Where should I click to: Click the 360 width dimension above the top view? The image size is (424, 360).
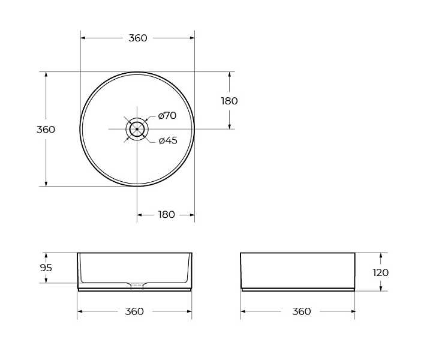click(x=138, y=38)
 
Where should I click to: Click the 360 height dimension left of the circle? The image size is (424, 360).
click(x=46, y=130)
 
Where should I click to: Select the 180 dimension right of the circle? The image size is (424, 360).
click(x=229, y=101)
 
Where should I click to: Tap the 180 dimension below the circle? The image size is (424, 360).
click(x=167, y=215)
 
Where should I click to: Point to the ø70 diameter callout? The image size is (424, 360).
click(x=167, y=115)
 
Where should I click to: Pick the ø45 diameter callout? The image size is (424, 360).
click(x=168, y=140)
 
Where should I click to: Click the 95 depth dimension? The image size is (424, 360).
click(x=46, y=268)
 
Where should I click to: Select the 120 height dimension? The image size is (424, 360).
click(x=381, y=272)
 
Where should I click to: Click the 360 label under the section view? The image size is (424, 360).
click(x=134, y=311)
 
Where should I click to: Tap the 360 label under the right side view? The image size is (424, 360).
click(x=302, y=311)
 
